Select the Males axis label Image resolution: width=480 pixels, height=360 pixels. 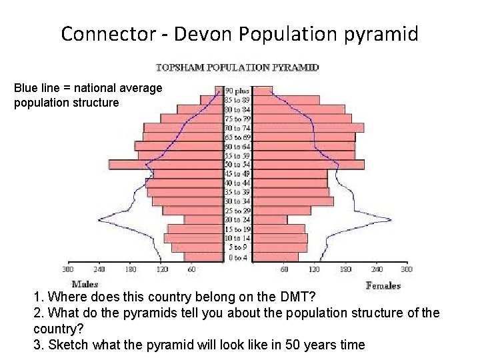pos(85,285)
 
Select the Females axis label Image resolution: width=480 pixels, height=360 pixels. pos(383,285)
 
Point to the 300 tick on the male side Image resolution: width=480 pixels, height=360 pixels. pos(68,270)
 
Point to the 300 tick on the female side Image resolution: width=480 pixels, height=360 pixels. pos(407,270)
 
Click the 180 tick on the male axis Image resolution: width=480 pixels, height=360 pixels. pos(130,270)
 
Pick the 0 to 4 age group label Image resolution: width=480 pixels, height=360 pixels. pos(237,257)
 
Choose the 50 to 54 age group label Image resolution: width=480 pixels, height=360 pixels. pos(237,165)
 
